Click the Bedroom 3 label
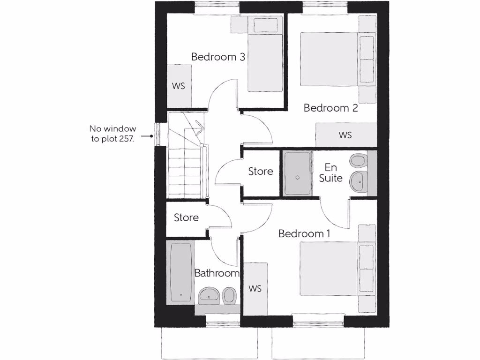tap(218, 57)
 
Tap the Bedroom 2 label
tap(330, 108)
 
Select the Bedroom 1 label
tap(301, 233)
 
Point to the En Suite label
tap(331, 172)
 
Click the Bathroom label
tap(217, 273)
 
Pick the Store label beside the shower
tap(260, 171)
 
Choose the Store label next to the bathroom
tap(186, 217)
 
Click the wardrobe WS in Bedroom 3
tap(179, 86)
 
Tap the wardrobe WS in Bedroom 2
tap(345, 135)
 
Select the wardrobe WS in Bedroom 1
tap(255, 289)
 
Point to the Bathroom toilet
tap(229, 295)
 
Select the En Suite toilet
tap(358, 161)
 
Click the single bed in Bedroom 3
tap(264, 55)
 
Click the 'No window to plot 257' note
tap(113, 134)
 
